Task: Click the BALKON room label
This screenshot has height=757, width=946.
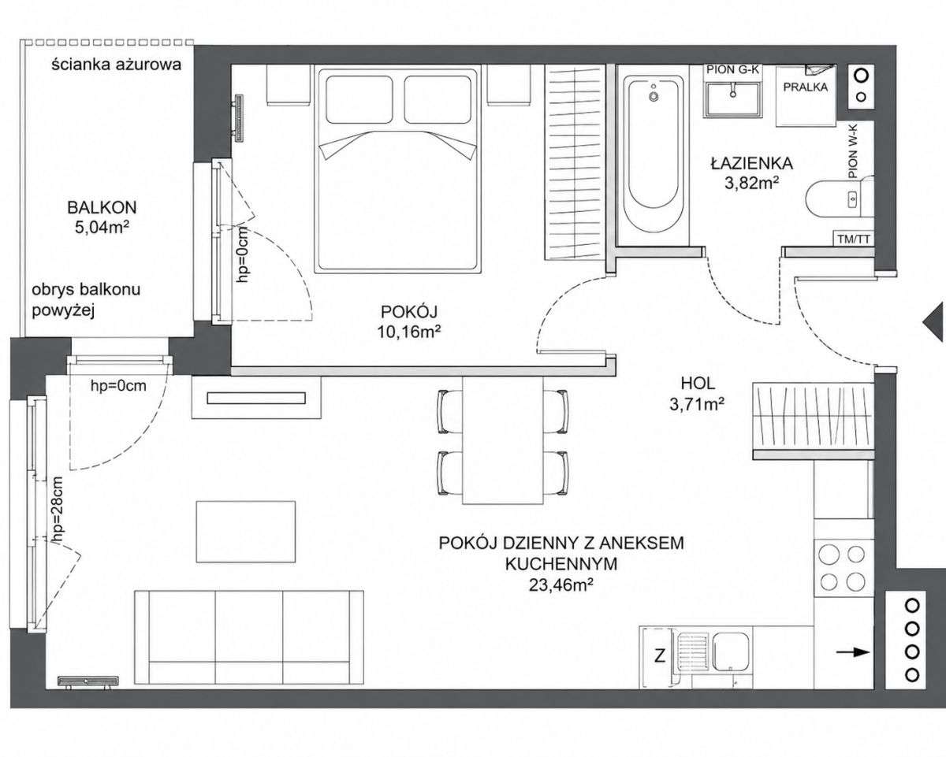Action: (102, 207)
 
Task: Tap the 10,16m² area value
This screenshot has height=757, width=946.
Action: (409, 332)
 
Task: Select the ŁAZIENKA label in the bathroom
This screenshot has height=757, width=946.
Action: (752, 163)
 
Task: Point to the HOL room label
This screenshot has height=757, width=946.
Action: (698, 384)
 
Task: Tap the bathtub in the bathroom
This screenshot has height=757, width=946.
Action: (654, 154)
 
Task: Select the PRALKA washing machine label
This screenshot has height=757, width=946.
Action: (806, 87)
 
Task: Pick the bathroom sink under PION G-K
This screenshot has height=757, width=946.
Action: (732, 100)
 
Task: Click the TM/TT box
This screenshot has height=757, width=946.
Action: (854, 239)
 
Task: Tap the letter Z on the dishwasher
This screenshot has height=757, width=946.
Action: (659, 656)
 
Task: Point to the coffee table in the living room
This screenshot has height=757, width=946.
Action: (246, 532)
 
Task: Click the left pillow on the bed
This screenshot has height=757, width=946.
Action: (359, 99)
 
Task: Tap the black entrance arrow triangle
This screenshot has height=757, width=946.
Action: (934, 321)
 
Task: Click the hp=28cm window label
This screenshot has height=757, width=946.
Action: (58, 510)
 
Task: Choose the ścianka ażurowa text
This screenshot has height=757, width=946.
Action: (117, 65)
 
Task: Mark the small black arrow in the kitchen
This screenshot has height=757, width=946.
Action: (853, 652)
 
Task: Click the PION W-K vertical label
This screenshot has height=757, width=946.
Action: (853, 151)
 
